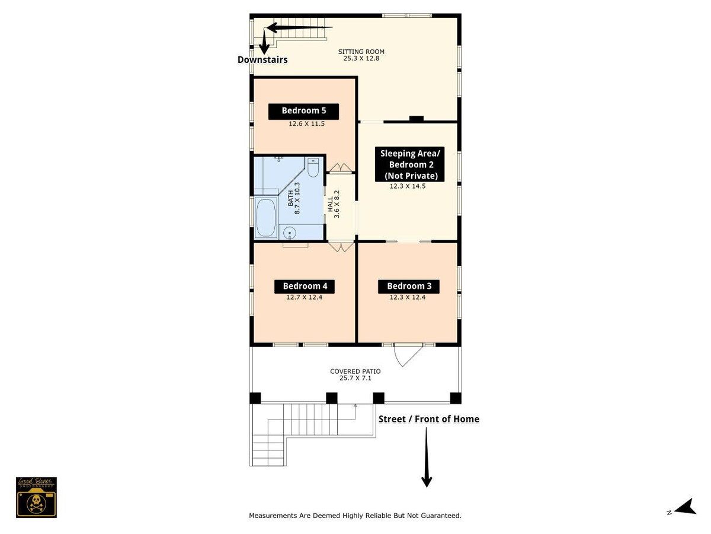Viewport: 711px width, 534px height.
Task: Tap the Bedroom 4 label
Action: [x=305, y=287]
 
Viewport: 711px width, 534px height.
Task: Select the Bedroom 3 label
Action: [x=409, y=287]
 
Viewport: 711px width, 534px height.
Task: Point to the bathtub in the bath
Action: [x=265, y=217]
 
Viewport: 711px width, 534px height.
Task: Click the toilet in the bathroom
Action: [x=313, y=167]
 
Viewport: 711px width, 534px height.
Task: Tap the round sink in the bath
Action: [x=290, y=233]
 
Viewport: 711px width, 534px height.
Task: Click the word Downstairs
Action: [x=262, y=60]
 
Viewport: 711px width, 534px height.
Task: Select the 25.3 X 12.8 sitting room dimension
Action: [x=361, y=59]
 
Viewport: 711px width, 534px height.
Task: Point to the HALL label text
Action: [x=330, y=205]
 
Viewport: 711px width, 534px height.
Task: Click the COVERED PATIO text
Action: [x=355, y=371]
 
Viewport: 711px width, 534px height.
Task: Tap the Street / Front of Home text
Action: [x=429, y=419]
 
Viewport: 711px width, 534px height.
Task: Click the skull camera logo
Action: [x=36, y=497]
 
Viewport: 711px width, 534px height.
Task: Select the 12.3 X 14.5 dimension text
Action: [x=408, y=186]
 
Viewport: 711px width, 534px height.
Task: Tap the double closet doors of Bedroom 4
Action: [x=341, y=246]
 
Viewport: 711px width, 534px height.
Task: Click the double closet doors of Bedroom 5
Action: [x=341, y=167]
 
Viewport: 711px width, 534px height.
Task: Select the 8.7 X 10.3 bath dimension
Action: [x=297, y=198]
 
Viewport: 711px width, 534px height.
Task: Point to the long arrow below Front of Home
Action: [x=427, y=457]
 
